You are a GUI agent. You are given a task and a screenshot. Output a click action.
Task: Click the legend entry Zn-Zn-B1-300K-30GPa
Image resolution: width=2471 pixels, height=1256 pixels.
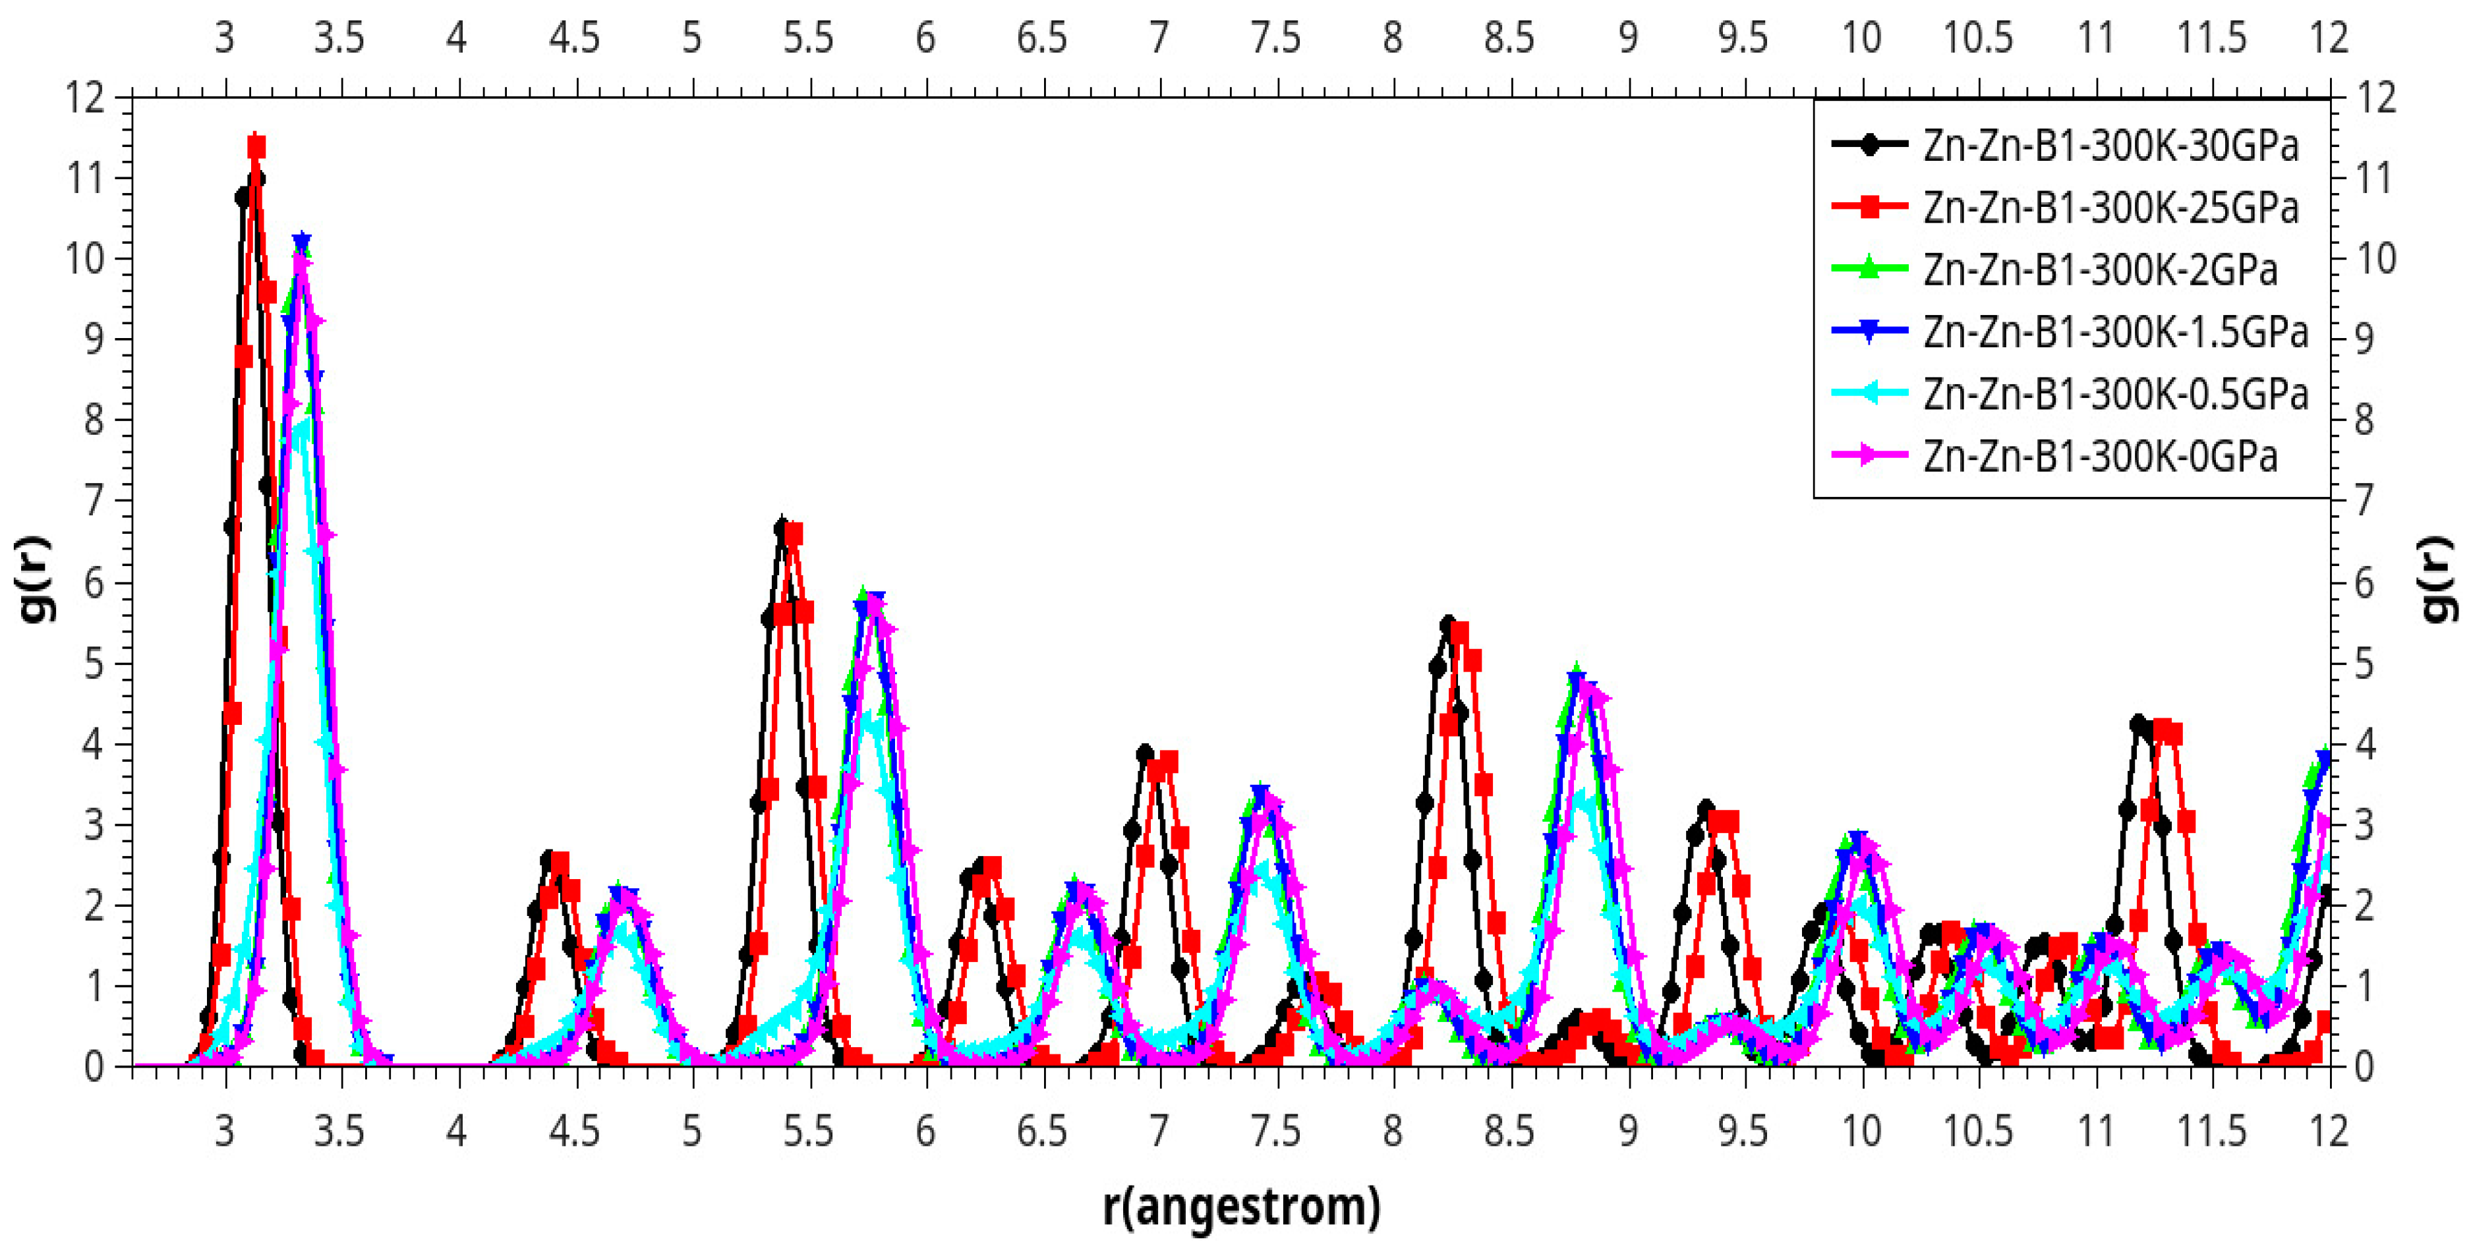click(2110, 146)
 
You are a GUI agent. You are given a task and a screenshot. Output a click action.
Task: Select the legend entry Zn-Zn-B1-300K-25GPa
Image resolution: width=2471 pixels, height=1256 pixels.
click(2110, 208)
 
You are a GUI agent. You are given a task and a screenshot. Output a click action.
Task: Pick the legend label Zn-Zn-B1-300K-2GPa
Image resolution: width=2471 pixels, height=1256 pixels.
click(2100, 270)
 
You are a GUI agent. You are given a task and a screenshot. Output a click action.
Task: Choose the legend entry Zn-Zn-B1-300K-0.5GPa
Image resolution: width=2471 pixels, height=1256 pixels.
click(2115, 394)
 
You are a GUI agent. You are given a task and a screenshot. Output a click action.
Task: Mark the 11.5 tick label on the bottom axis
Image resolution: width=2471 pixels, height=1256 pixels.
click(2212, 1131)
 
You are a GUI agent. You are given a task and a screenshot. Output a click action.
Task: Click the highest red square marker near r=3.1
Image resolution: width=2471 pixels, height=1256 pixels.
click(256, 148)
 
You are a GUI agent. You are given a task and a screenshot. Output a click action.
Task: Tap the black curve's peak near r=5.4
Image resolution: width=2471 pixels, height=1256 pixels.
click(783, 525)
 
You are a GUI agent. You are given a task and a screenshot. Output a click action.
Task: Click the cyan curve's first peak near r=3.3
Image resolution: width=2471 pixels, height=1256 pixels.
click(302, 428)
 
